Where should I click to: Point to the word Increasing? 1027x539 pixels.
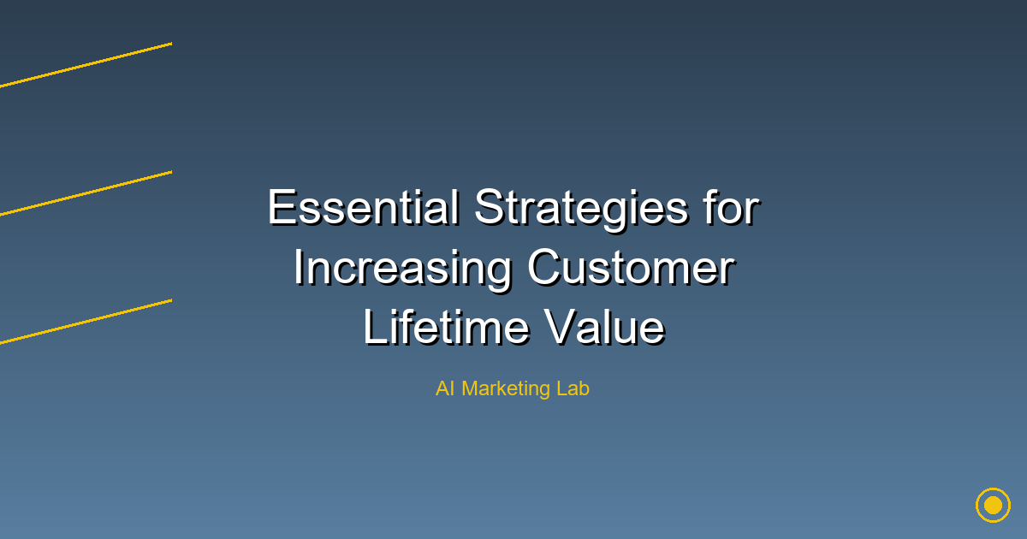402,269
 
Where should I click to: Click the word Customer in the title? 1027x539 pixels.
631,268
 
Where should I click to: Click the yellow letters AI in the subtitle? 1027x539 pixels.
444,388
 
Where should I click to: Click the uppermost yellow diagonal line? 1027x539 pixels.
86,64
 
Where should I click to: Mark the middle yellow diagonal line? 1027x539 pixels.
86,192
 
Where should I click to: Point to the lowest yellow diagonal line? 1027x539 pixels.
86,321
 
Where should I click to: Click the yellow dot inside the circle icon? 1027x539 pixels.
993,505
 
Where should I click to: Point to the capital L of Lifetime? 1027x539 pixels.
373,328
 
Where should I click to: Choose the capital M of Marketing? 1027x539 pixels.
470,388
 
